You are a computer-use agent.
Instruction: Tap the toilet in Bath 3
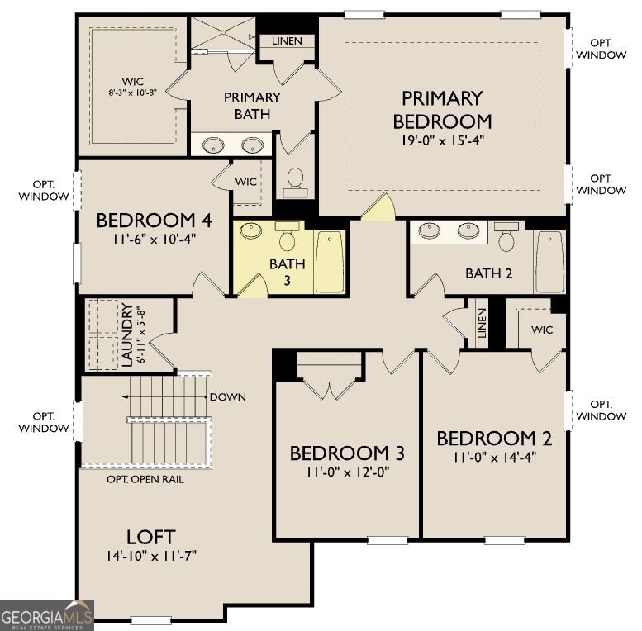[x=287, y=236]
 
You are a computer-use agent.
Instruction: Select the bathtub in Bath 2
[x=549, y=262]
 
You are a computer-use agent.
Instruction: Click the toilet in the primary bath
[x=295, y=183]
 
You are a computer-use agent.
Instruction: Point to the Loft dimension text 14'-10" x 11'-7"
[x=151, y=556]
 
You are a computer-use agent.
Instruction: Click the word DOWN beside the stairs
[x=228, y=397]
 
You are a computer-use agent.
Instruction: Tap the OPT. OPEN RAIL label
[x=145, y=479]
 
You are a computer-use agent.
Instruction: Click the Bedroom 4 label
[x=154, y=221]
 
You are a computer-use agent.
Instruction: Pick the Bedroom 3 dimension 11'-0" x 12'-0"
[x=347, y=472]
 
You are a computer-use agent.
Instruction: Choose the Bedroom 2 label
[x=495, y=439]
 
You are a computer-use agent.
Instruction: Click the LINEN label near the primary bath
[x=287, y=41]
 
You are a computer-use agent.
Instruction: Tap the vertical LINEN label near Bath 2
[x=482, y=323]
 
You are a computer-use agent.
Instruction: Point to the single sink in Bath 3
[x=250, y=230]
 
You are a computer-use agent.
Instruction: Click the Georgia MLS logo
[x=46, y=615]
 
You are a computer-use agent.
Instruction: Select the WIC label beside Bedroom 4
[x=245, y=182]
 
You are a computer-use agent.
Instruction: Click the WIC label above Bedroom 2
[x=542, y=330]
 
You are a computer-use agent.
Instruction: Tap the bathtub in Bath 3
[x=329, y=263]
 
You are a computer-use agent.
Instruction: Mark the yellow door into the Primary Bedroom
[x=379, y=206]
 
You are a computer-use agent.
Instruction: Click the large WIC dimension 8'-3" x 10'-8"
[x=133, y=93]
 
